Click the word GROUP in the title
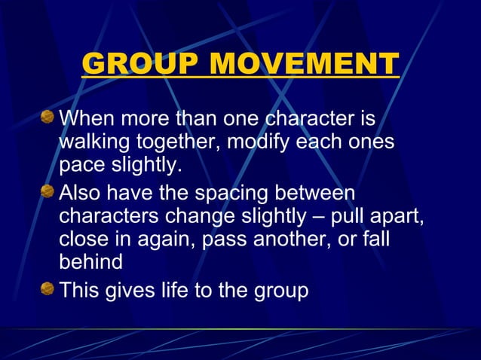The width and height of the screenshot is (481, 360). click(x=139, y=64)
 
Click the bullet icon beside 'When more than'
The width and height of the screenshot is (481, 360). click(x=47, y=117)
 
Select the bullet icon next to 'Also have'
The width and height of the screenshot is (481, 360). click(x=47, y=191)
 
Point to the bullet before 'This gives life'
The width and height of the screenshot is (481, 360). click(x=47, y=288)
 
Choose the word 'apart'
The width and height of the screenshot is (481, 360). click(x=397, y=217)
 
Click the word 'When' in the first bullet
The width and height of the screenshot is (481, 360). click(x=86, y=119)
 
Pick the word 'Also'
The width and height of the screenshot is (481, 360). click(x=81, y=193)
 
